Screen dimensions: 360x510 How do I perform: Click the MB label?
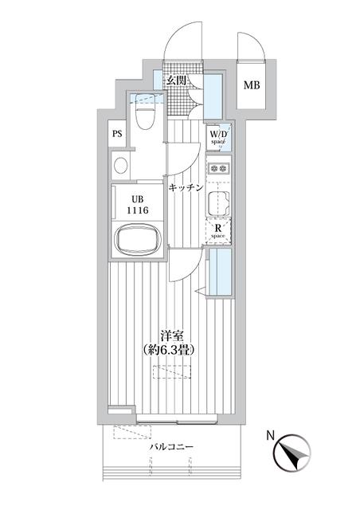click(252, 85)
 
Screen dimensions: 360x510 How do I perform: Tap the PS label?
click(117, 133)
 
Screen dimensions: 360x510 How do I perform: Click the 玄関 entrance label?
click(177, 80)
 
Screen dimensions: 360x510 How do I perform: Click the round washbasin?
click(120, 166)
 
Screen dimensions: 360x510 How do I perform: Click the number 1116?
click(138, 210)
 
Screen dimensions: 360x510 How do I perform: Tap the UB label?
click(138, 199)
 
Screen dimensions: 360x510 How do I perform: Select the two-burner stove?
click(218, 168)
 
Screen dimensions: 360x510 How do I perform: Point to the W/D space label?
click(218, 137)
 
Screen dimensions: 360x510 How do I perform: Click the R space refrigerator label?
click(218, 231)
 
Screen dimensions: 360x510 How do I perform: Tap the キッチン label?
click(186, 187)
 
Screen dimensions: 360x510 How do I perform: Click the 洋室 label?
click(172, 336)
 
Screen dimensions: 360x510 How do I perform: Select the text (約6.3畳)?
click(170, 350)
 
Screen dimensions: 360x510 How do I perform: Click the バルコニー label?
click(171, 447)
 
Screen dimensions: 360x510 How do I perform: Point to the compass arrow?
click(292, 454)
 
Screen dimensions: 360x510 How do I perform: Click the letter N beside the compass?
click(271, 436)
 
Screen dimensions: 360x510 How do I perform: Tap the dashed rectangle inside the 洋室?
click(172, 372)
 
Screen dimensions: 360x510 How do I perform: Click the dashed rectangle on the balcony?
click(132, 432)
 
